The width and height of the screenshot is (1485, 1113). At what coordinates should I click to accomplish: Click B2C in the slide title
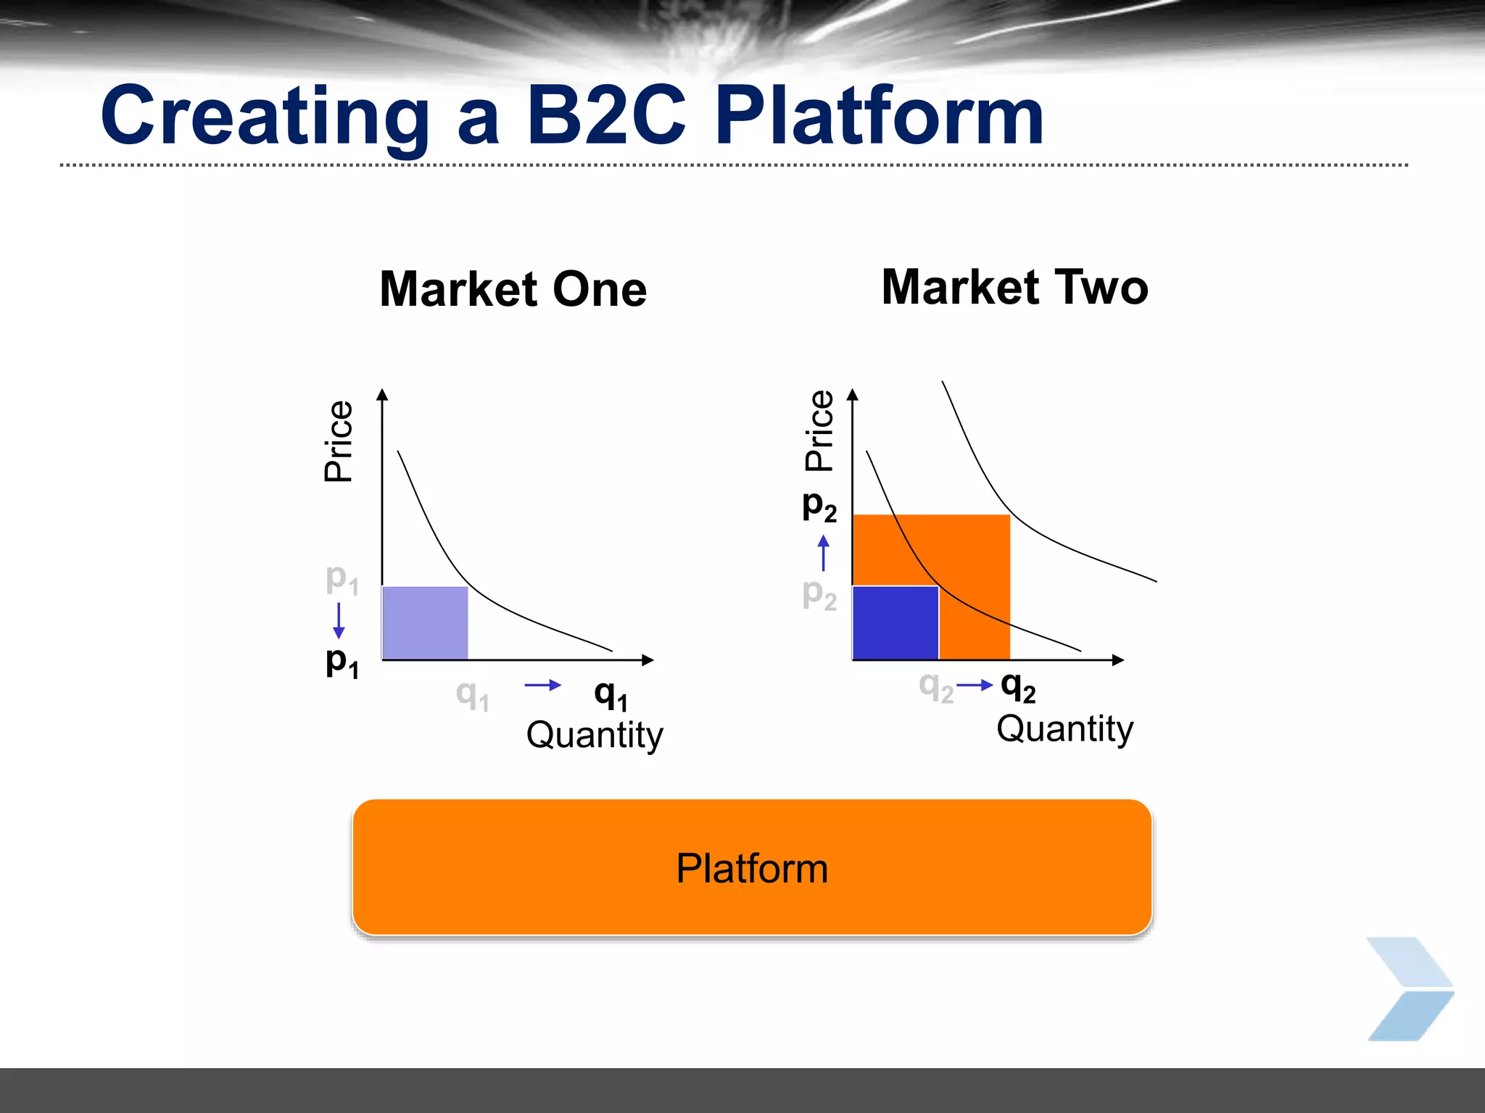click(606, 116)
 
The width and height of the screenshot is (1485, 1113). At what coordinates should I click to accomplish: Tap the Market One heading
click(513, 289)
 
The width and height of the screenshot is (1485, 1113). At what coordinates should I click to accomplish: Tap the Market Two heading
click(1014, 287)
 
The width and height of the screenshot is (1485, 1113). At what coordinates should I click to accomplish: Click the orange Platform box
click(752, 867)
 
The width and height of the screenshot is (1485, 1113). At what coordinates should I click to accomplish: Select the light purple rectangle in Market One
click(425, 622)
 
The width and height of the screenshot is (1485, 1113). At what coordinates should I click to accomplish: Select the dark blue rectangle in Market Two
click(895, 622)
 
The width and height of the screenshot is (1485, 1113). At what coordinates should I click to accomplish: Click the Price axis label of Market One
click(339, 441)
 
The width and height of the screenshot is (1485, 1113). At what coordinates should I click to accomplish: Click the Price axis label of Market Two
click(820, 431)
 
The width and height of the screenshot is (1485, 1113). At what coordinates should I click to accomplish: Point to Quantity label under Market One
click(595, 735)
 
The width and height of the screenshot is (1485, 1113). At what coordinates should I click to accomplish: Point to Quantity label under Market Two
click(1064, 728)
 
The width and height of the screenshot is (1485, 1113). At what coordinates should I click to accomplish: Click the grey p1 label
click(342, 579)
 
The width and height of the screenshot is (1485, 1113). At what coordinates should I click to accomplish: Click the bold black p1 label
click(342, 662)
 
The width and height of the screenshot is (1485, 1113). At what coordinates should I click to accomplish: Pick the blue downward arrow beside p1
click(338, 620)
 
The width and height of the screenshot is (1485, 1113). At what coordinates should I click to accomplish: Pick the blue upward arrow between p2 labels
click(823, 553)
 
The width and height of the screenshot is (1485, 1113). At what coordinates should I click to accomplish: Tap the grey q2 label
click(935, 686)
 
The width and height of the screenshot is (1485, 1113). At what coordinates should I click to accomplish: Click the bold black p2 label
click(819, 505)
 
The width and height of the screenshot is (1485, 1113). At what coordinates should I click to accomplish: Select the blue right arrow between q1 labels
click(543, 685)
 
